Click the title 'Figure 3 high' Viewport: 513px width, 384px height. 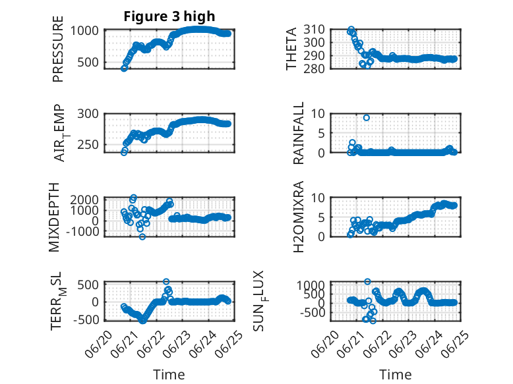[169, 16]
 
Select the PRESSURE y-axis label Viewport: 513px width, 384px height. [57, 49]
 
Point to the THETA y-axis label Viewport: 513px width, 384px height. [291, 49]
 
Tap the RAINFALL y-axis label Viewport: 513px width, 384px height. [299, 133]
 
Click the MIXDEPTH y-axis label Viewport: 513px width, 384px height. [54, 217]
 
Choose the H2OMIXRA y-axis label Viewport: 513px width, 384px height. [299, 217]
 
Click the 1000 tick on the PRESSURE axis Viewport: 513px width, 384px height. [84, 31]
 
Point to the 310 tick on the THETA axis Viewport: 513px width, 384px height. [314, 30]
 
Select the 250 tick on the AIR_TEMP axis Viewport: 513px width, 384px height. [88, 144]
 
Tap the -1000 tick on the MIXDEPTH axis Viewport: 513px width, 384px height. [82, 231]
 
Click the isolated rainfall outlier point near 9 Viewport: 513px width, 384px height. [367, 118]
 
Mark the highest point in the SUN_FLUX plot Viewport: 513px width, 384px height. [367, 281]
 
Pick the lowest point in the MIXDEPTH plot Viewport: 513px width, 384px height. [142, 236]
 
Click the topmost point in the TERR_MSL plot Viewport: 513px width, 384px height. [166, 281]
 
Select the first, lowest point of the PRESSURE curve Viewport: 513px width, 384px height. [124, 69]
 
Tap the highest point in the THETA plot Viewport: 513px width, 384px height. [351, 30]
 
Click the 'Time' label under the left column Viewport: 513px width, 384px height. [169, 375]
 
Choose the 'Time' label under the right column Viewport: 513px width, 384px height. [395, 375]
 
